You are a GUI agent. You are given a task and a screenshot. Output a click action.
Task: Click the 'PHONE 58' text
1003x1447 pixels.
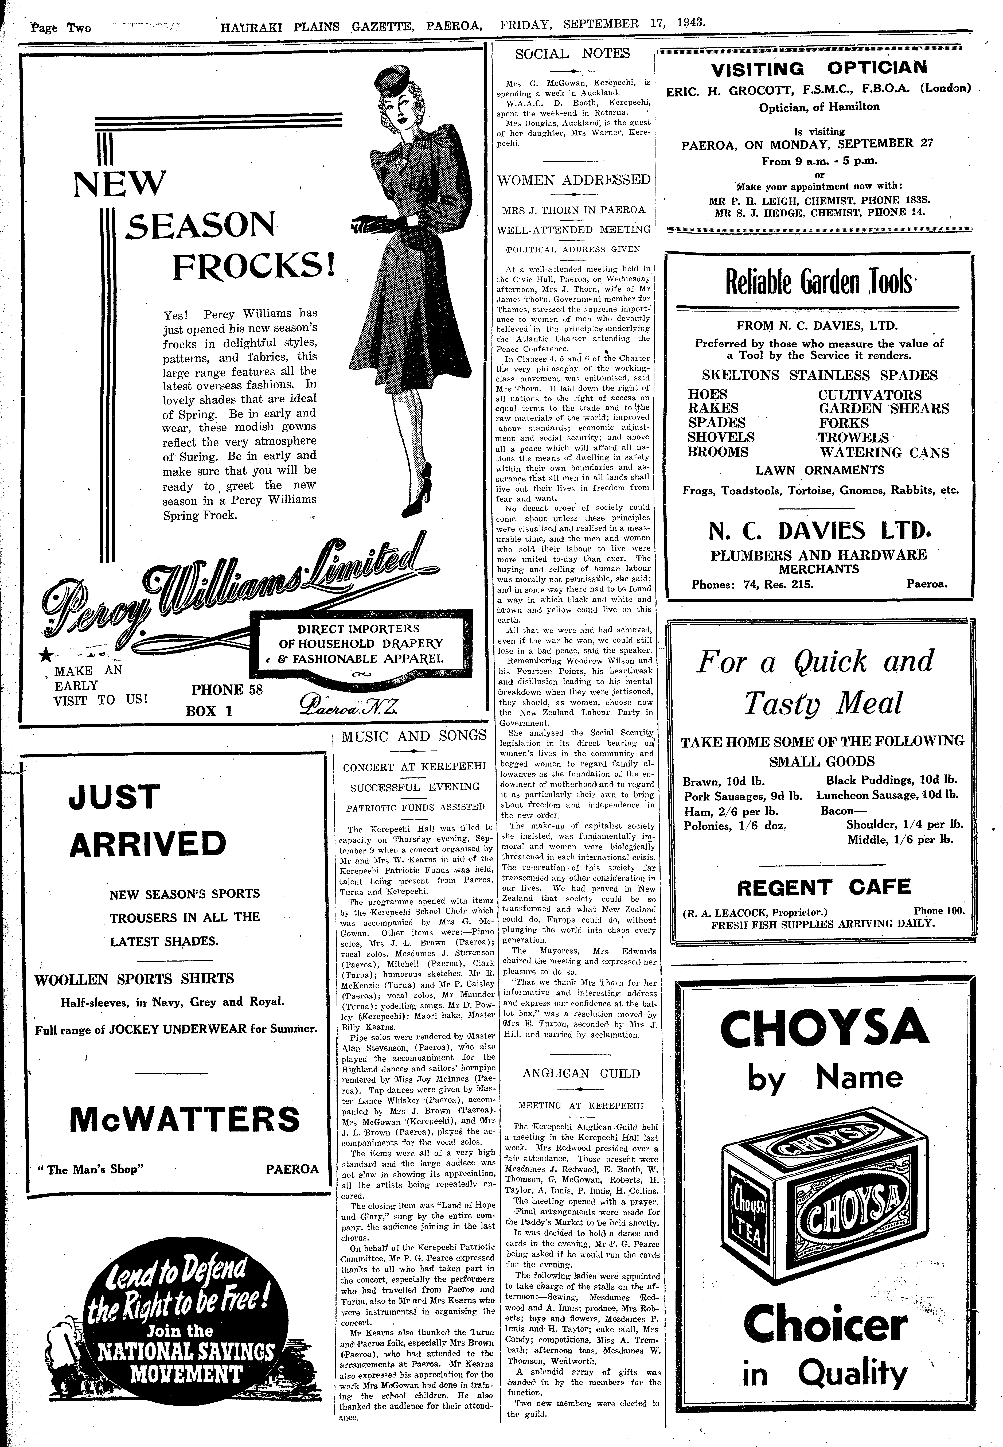tap(226, 690)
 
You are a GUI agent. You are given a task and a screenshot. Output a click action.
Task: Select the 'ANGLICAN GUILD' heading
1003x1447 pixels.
tap(581, 1074)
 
